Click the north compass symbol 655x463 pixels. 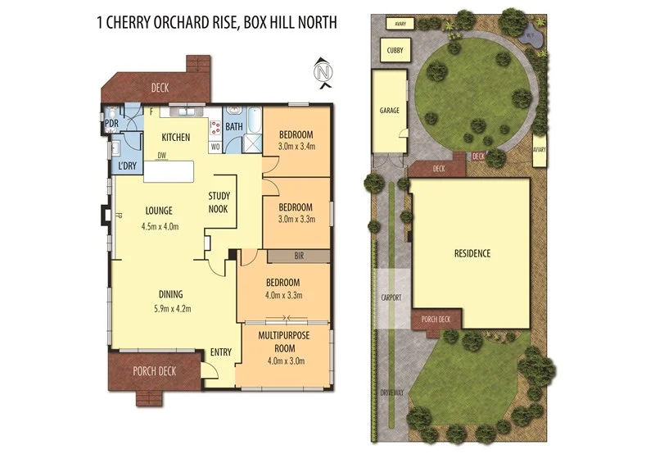click(x=323, y=73)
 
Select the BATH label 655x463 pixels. click(x=234, y=126)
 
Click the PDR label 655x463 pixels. click(x=111, y=125)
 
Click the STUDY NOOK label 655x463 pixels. click(x=219, y=202)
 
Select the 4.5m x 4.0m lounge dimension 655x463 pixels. click(x=160, y=226)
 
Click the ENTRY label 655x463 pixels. click(x=220, y=352)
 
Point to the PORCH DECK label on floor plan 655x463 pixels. click(x=155, y=371)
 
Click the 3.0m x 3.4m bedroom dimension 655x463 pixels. click(x=297, y=148)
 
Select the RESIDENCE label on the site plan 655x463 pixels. click(x=472, y=253)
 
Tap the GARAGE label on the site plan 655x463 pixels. click(x=389, y=110)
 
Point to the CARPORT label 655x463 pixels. click(x=391, y=297)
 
